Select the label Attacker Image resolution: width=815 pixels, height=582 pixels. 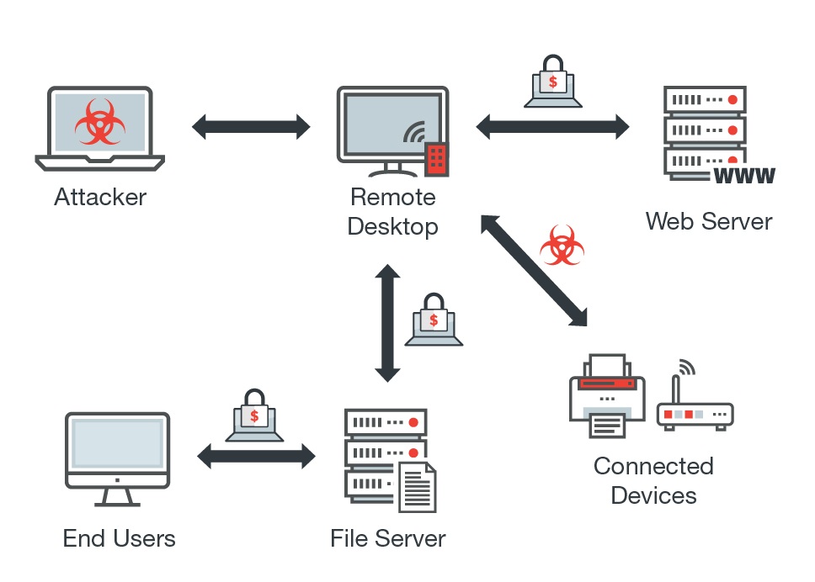100,198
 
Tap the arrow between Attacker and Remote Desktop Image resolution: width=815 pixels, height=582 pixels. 251,127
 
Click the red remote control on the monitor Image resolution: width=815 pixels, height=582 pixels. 436,158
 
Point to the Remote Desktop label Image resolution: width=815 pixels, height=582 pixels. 393,212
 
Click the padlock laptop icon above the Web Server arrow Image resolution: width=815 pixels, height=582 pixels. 552,83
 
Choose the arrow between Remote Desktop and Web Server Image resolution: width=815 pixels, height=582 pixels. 552,127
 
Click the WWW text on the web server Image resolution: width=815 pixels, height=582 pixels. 743,176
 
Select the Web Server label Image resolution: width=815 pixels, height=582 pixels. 708,221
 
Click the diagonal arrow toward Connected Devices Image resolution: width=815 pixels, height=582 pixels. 534,269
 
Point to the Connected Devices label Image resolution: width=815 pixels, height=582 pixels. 653,480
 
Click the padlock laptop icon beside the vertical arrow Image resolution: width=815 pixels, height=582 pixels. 434,321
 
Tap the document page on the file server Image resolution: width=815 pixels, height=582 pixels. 418,488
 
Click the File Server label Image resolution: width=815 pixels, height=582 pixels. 388,538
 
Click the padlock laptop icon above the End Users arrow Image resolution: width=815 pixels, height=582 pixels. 254,417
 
